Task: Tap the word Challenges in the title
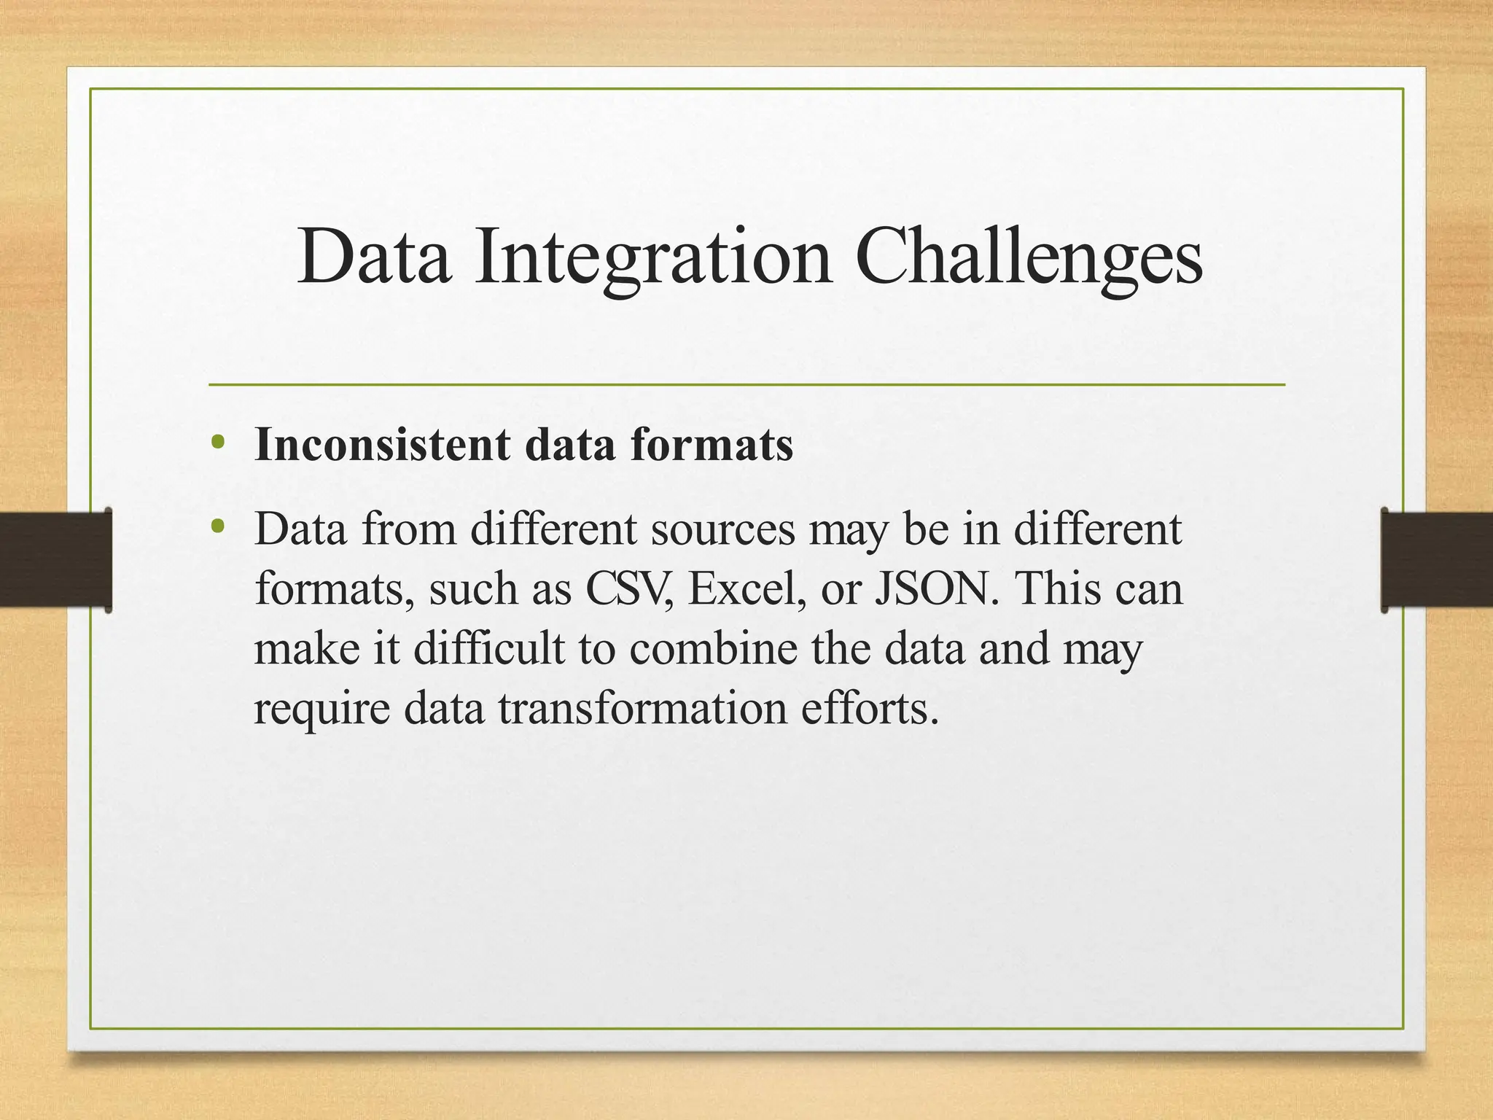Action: click(x=1028, y=257)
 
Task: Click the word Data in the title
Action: click(x=373, y=257)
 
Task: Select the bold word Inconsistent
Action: click(x=382, y=444)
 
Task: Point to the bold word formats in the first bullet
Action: click(x=712, y=444)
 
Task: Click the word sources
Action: click(x=722, y=529)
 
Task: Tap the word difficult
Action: click(x=488, y=647)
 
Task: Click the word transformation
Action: click(x=643, y=707)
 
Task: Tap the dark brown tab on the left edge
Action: click(x=55, y=559)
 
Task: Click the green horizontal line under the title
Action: click(x=746, y=384)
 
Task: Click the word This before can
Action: click(x=1061, y=588)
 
